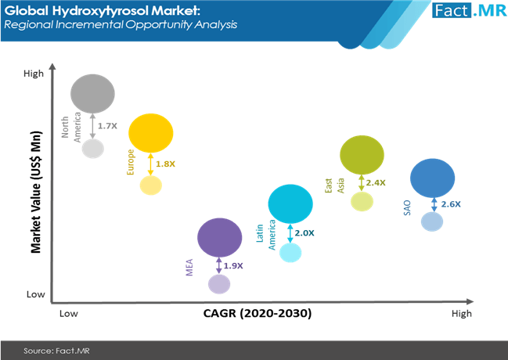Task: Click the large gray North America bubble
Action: [92, 94]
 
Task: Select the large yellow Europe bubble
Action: [150, 133]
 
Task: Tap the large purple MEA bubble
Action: [220, 237]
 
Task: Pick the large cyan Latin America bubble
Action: [290, 203]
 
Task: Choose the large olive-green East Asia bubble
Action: [362, 155]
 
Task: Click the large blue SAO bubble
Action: [433, 178]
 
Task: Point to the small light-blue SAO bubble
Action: [432, 221]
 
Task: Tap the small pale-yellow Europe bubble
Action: [150, 185]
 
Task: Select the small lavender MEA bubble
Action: [219, 284]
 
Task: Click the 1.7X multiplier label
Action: [107, 126]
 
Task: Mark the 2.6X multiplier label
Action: [451, 204]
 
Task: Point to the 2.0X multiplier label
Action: [304, 233]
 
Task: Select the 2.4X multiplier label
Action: [376, 183]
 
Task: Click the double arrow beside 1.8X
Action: [150, 164]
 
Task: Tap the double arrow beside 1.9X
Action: [219, 266]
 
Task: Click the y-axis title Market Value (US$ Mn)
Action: [36, 193]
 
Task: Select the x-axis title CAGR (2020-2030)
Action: [258, 313]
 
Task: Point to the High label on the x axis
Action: [462, 314]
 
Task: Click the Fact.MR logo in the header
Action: [469, 10]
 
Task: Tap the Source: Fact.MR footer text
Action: [56, 351]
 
